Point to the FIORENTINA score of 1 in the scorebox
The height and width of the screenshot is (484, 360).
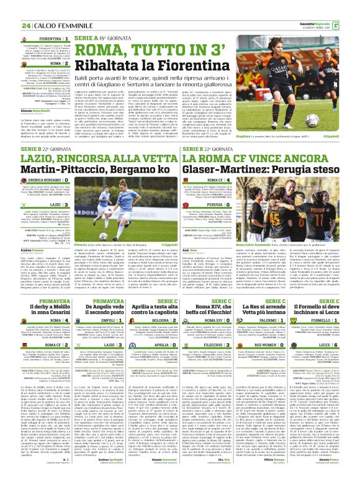tap(66, 39)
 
